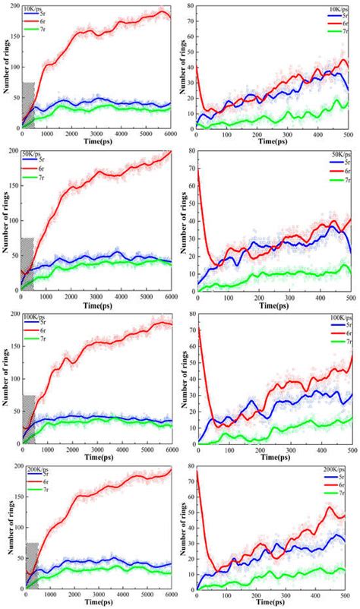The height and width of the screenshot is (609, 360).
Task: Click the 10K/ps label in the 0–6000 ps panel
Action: pyautogui.click(x=33, y=8)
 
